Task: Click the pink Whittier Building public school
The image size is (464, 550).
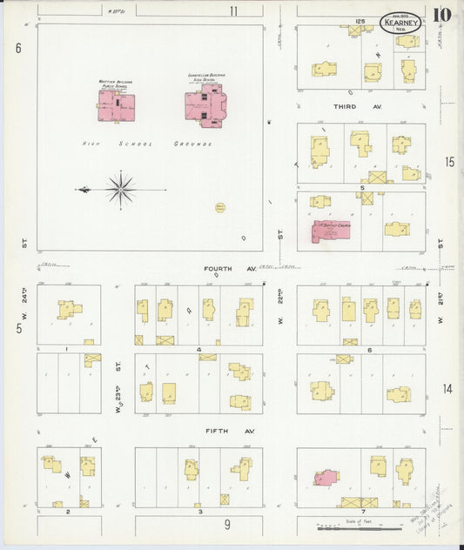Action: [x=120, y=107]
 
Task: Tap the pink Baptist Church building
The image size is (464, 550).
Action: [x=331, y=231]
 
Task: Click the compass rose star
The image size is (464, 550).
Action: [x=120, y=189]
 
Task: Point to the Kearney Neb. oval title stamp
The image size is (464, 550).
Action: [x=400, y=23]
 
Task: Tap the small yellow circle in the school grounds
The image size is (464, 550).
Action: [x=219, y=208]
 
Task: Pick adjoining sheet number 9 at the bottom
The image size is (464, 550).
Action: [x=227, y=524]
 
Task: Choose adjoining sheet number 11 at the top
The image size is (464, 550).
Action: [x=233, y=10]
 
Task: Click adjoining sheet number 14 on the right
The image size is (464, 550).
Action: [x=447, y=388]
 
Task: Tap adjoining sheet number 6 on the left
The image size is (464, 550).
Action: [x=17, y=49]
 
